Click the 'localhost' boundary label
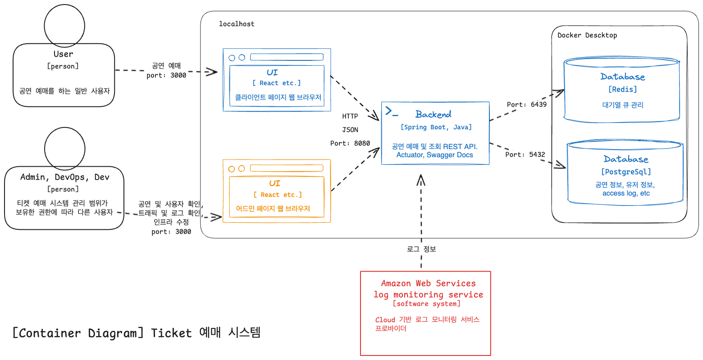click(237, 24)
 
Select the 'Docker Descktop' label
click(587, 35)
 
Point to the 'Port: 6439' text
click(526, 105)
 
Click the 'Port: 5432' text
click(525, 155)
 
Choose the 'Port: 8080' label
click(350, 143)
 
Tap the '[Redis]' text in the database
click(623, 89)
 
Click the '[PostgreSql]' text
click(626, 172)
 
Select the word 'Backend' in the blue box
click(433, 114)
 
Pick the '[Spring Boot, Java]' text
click(436, 128)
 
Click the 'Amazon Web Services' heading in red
click(428, 283)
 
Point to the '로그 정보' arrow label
click(421, 249)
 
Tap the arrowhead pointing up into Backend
click(421, 180)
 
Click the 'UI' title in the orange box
click(274, 183)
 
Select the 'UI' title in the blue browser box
click(272, 72)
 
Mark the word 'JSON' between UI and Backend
click(350, 130)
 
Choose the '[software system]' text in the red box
click(426, 304)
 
